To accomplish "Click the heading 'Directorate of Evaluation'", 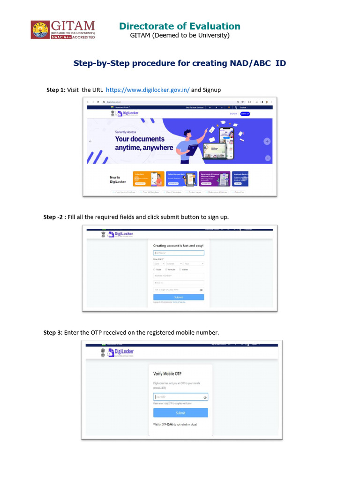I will click(x=180, y=26).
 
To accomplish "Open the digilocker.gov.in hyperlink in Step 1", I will click(x=148, y=90).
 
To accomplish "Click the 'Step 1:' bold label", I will click(x=55, y=90).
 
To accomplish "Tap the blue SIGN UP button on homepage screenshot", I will click(x=245, y=113).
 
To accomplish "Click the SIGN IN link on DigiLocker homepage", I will click(x=233, y=113).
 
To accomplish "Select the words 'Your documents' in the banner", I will click(x=140, y=139).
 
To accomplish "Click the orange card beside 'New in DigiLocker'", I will click(x=149, y=179).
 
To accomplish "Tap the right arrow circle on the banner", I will click(x=267, y=141).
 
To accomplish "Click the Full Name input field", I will click(x=179, y=253).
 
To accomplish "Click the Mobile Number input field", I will click(x=179, y=276).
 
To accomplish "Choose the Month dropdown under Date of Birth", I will click(x=174, y=263).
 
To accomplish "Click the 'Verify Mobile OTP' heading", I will click(x=167, y=374).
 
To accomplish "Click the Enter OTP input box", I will click(x=178, y=397).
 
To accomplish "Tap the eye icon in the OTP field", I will click(x=205, y=397).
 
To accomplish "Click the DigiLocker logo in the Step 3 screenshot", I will click(x=120, y=352).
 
